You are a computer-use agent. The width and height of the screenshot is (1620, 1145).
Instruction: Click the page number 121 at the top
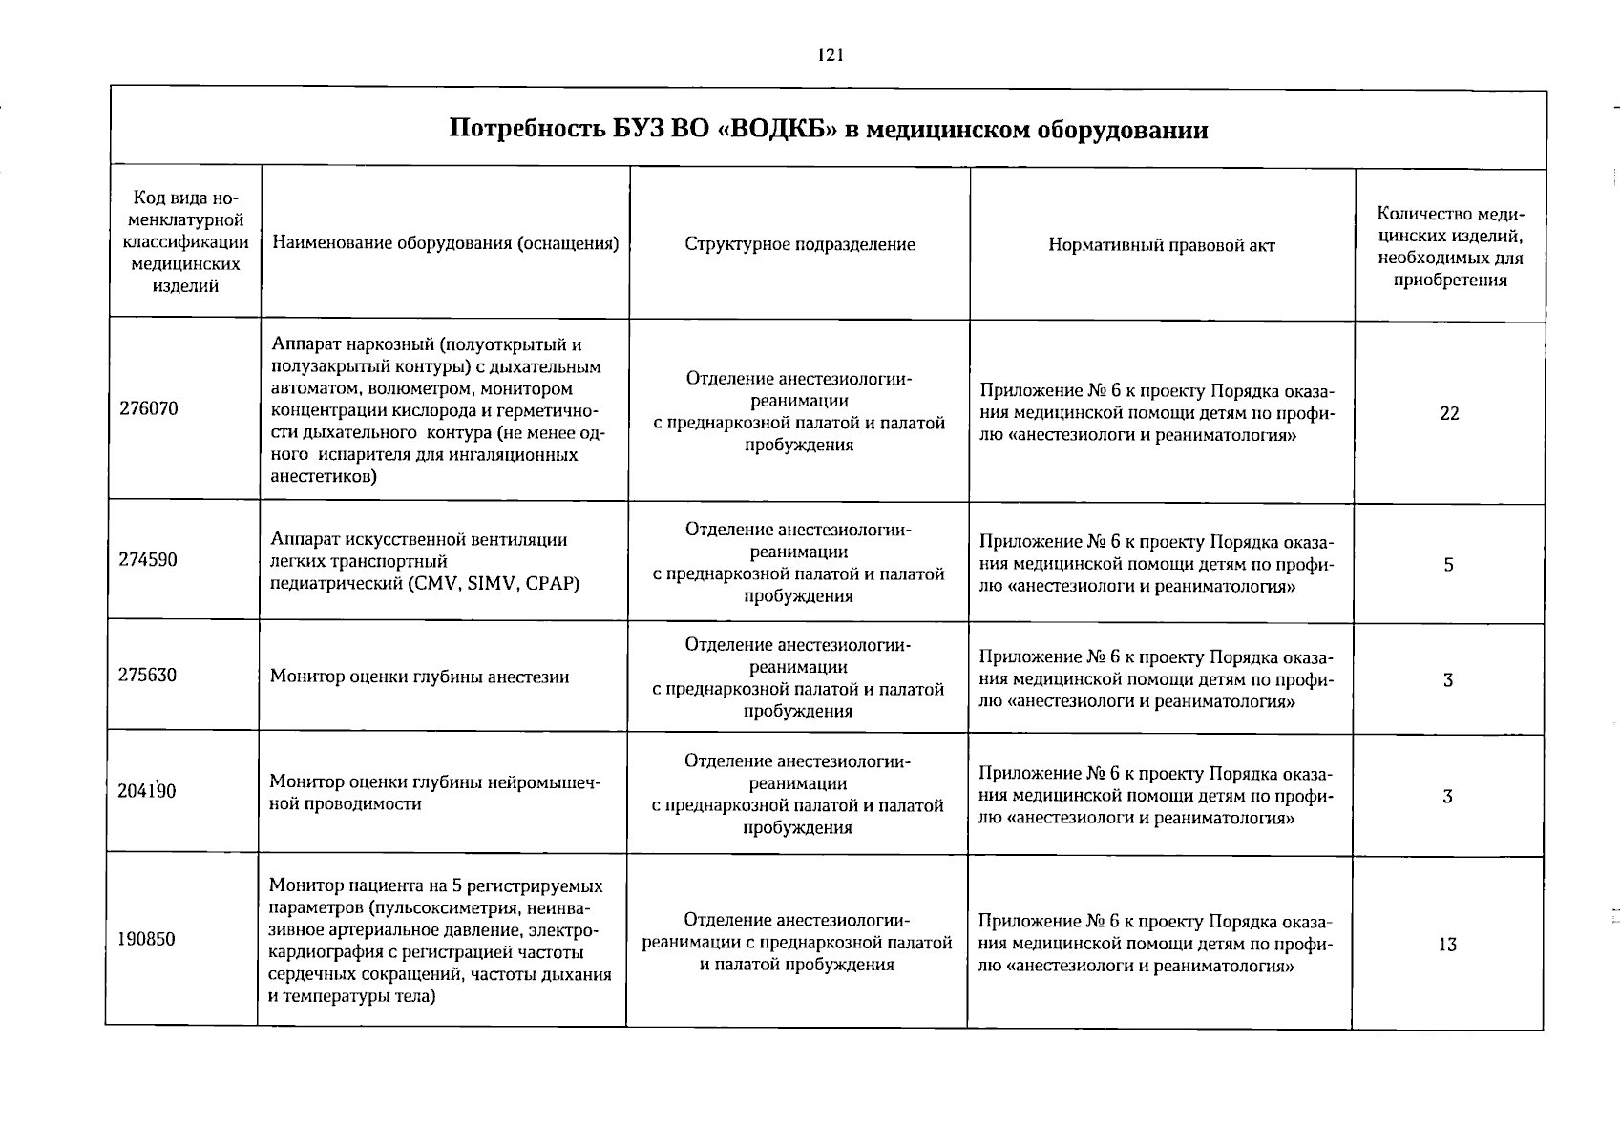(x=831, y=55)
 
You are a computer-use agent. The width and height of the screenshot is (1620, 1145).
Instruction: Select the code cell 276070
(x=149, y=408)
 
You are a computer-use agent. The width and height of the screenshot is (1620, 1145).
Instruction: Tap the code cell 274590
(x=148, y=560)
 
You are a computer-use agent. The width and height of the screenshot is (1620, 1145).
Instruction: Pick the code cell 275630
(x=148, y=676)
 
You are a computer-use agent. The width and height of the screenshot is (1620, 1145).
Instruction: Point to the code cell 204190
(x=148, y=791)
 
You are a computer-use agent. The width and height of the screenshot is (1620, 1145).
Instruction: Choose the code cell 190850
(x=147, y=939)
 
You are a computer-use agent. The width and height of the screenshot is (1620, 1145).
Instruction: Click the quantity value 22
(x=1449, y=413)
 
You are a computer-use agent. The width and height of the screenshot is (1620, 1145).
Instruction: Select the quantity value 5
(x=1448, y=565)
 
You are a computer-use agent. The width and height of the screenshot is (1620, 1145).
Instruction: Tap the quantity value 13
(x=1447, y=945)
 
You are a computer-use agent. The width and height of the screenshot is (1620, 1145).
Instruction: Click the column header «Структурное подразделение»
(x=799, y=244)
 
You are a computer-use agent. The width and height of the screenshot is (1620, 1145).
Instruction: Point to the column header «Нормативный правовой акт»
(x=1161, y=245)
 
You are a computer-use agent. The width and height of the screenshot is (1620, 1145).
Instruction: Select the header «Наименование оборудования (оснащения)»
(x=445, y=244)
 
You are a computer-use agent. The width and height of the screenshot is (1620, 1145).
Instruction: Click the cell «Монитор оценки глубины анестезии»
(x=419, y=677)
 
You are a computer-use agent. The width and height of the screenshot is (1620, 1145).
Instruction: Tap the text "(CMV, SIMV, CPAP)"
(x=493, y=583)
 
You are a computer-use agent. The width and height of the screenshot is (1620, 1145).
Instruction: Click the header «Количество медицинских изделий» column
(x=1449, y=246)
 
